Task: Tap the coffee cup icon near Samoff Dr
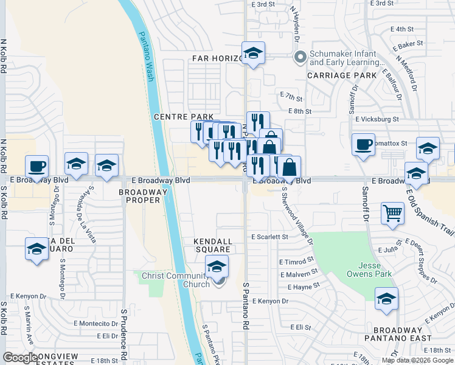click(x=363, y=145)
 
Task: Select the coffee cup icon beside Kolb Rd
click(x=36, y=166)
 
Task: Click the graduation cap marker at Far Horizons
click(x=252, y=54)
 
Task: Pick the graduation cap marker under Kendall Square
click(x=217, y=267)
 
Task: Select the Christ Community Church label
click(x=176, y=280)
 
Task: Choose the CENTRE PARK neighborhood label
click(x=184, y=117)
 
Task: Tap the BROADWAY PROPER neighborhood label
click(x=143, y=196)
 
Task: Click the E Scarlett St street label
click(x=269, y=237)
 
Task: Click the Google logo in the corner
click(x=21, y=358)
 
